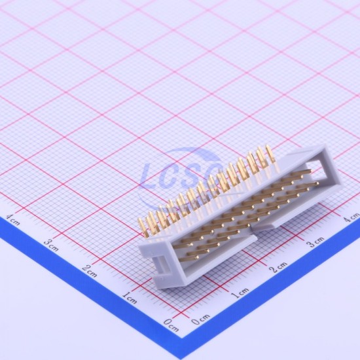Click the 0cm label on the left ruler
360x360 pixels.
[x=171, y=325]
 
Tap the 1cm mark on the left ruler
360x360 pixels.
[x=130, y=298]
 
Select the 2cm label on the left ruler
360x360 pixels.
[x=90, y=271]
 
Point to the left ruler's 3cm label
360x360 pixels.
[x=51, y=245]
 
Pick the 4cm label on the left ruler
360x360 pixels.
[x=13, y=220]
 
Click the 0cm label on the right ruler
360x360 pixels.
[x=200, y=319]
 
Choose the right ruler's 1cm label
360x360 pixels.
[x=240, y=293]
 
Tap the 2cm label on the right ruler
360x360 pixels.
[x=278, y=267]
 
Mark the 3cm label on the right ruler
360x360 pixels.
[x=316, y=242]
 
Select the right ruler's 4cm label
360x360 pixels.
[x=351, y=217]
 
